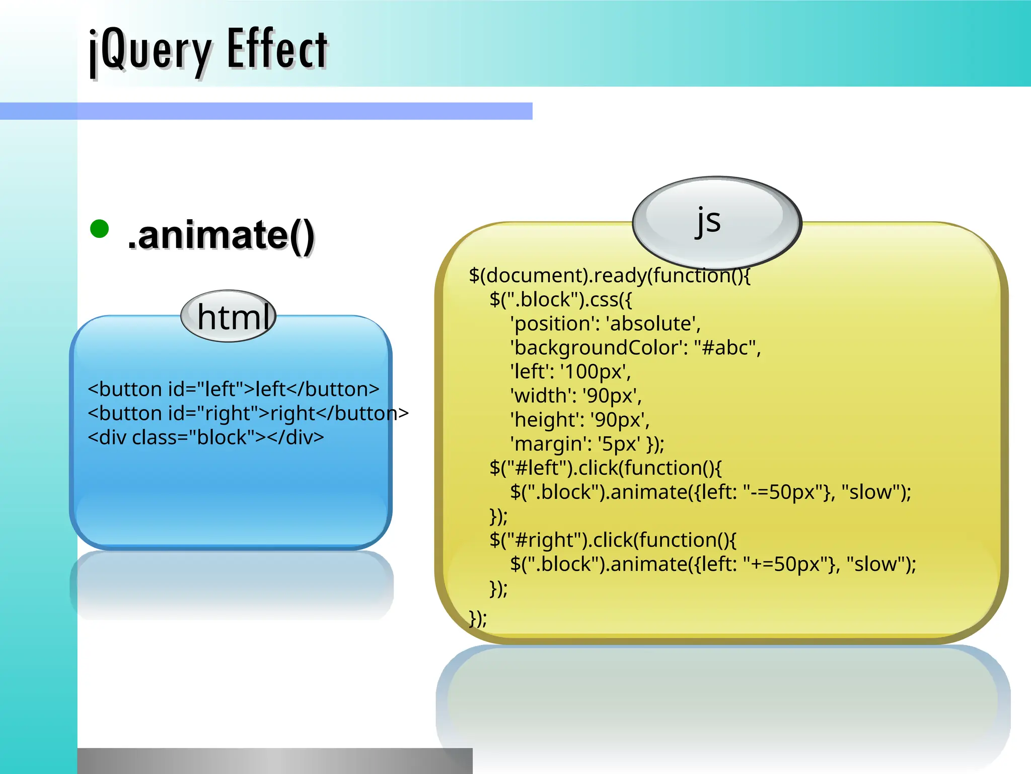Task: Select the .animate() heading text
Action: [x=221, y=235]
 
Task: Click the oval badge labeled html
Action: [x=229, y=316]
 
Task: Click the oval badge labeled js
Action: [x=716, y=222]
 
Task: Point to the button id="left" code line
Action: [x=233, y=389]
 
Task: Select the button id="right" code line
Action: [x=248, y=413]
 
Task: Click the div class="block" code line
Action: [x=206, y=437]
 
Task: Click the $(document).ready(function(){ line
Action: [x=609, y=276]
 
